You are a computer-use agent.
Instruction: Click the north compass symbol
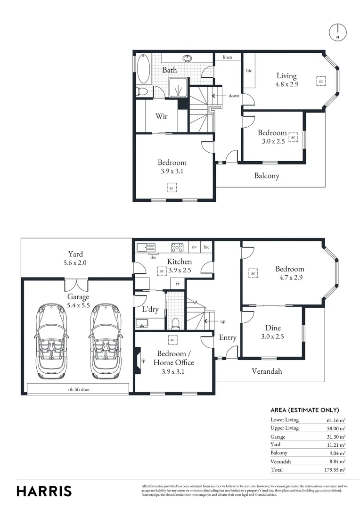pos(337,32)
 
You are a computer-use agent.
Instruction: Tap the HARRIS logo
pos(44,491)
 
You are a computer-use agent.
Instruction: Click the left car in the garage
pos(49,341)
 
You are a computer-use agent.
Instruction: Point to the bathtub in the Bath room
pos(144,70)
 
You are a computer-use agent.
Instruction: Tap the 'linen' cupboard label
pos(228,57)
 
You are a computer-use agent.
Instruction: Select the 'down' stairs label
pos(234,96)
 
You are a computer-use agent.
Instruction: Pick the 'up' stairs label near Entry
pos(223,321)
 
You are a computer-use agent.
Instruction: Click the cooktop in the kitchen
pos(177,247)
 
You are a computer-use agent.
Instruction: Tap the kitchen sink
pos(145,247)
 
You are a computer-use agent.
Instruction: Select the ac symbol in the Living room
pos(320,82)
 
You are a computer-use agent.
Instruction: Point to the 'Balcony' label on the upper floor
pos(267,176)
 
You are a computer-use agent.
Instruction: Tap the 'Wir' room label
pos(162,116)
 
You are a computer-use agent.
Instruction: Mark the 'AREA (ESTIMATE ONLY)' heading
pos(304,410)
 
